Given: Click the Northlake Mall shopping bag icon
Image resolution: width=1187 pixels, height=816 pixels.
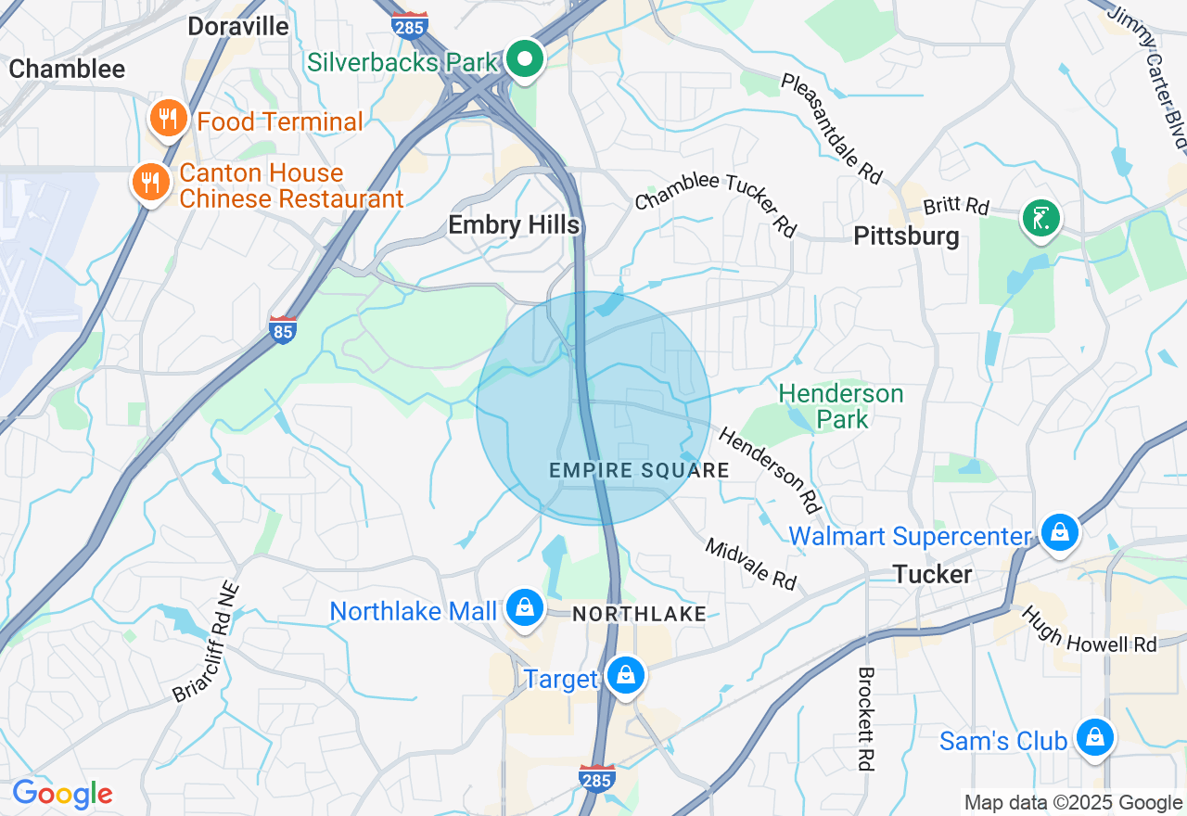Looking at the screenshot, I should (x=525, y=609).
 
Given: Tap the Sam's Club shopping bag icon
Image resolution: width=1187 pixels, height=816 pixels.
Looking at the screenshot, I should (x=1095, y=739).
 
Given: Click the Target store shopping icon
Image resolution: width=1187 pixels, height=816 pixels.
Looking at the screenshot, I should (x=627, y=677).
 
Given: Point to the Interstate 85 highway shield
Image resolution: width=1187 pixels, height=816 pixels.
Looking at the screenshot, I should (x=283, y=330).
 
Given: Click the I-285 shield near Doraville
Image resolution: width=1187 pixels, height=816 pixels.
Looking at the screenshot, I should (x=409, y=24).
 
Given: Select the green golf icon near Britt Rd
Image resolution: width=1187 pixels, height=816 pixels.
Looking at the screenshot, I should (x=1041, y=219).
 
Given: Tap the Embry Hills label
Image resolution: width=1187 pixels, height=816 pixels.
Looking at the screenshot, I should (x=514, y=225).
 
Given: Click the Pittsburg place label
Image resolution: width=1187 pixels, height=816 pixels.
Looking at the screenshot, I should (x=906, y=236).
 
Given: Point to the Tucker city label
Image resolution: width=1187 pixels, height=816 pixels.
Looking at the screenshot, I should (x=933, y=574).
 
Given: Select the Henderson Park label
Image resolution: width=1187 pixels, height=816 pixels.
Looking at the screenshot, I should (x=841, y=406).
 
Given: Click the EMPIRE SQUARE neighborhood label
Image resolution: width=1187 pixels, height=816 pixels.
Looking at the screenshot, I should (x=639, y=470).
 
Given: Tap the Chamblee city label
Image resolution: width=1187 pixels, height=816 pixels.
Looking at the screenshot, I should (x=67, y=69).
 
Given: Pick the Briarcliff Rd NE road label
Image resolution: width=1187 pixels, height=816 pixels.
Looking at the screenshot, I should (x=206, y=643).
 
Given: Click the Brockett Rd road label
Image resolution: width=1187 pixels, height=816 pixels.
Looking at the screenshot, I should (x=866, y=719).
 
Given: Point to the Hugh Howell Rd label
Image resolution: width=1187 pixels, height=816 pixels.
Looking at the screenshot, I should (x=1090, y=630).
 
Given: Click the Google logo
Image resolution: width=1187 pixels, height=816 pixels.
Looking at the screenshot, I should (x=62, y=794).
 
